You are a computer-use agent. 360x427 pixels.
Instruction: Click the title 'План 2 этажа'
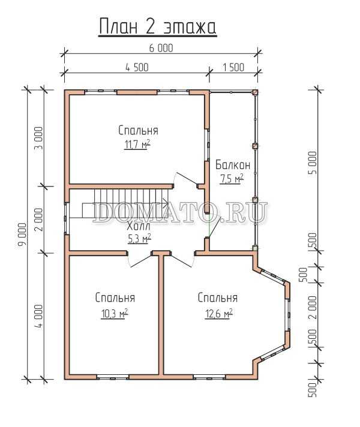point(158,26)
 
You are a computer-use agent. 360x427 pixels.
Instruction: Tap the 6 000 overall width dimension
point(161,48)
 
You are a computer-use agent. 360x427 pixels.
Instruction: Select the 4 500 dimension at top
point(137,68)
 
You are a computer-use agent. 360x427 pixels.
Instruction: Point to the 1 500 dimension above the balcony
point(233,68)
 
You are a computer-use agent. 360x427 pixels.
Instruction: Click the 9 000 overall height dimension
point(22,234)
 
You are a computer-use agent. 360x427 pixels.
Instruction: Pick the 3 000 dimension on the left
point(39,138)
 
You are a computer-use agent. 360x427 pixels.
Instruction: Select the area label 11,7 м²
point(137,145)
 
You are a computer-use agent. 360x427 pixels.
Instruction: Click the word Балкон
point(233,165)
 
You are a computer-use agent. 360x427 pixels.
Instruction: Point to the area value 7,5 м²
point(232,179)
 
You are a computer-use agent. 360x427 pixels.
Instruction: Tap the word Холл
point(139,226)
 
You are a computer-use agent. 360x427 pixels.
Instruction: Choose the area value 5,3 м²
point(139,239)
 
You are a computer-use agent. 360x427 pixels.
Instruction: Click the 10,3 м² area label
point(115,314)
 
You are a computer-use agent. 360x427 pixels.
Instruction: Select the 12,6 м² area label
point(218,314)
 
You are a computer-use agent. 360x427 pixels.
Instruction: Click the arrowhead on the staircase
point(166,202)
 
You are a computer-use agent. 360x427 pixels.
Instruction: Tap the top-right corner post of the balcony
point(255,92)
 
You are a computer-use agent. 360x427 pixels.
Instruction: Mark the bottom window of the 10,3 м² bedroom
point(113,377)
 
